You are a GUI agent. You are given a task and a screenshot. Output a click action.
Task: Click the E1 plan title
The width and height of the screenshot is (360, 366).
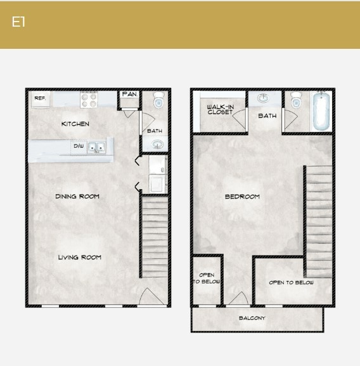click(18, 22)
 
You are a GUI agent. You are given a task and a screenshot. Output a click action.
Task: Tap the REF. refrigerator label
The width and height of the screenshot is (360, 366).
click(39, 98)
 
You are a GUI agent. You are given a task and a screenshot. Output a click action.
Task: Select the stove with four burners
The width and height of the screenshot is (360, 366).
click(89, 100)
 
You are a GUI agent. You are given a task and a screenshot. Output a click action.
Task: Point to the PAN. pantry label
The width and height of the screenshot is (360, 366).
click(129, 95)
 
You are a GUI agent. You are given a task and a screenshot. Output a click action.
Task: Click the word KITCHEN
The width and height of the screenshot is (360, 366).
click(75, 124)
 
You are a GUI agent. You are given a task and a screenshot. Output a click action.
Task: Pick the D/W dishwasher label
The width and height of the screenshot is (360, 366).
click(78, 147)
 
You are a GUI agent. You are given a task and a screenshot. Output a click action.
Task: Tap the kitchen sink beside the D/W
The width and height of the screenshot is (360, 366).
click(96, 147)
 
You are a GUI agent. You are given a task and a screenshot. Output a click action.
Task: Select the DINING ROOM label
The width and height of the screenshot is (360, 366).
click(77, 197)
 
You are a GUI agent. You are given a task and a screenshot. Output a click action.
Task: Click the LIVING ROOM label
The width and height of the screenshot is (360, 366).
click(80, 258)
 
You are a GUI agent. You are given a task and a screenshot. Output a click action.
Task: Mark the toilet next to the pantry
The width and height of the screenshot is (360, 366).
click(158, 101)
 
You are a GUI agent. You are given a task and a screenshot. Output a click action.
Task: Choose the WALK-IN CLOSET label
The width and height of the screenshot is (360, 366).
click(220, 109)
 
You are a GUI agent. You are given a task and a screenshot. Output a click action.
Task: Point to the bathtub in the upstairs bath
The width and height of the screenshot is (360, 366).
click(321, 111)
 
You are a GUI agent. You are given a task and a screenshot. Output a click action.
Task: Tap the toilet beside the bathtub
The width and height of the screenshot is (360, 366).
click(295, 101)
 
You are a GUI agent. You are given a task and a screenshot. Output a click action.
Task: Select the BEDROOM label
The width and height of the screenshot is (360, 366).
click(242, 197)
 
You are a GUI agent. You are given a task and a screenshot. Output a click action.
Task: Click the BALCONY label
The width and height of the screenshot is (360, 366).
click(252, 318)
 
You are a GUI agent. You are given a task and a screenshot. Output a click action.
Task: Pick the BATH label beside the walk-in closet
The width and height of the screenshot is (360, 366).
click(267, 116)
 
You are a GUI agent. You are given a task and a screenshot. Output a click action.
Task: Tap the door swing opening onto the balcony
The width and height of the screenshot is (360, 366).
click(238, 298)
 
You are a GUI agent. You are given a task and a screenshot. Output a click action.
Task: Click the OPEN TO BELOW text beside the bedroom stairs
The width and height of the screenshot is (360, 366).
click(291, 282)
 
